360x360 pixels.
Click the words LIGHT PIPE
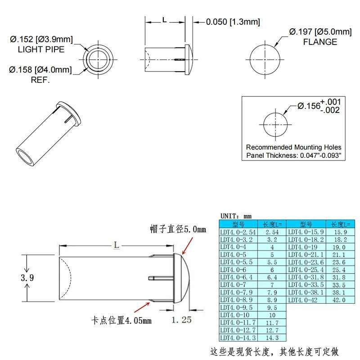pyautogui.click(x=41, y=49)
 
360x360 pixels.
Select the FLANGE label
pyautogui.click(x=320, y=42)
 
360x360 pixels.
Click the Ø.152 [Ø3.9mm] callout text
pyautogui.click(x=41, y=39)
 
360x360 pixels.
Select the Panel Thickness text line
pyautogui.click(x=293, y=155)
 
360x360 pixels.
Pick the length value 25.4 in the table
pyautogui.click(x=338, y=270)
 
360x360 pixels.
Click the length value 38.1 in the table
pyautogui.click(x=338, y=292)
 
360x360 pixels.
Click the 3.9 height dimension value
pyautogui.click(x=27, y=278)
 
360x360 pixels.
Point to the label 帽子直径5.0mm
pyautogui.click(x=178, y=229)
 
